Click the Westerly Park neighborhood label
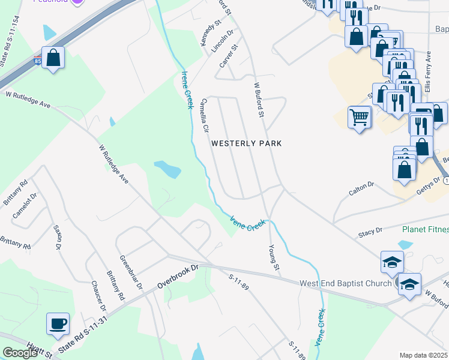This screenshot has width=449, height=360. tap(246, 143)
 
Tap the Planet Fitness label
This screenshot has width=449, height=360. tap(426, 229)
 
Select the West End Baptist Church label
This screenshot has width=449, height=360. tap(345, 283)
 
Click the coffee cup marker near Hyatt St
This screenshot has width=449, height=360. tap(58, 325)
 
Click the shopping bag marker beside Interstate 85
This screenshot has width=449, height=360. tap(53, 59)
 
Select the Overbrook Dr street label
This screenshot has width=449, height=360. tap(177, 275)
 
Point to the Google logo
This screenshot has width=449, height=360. tap(20, 353)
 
